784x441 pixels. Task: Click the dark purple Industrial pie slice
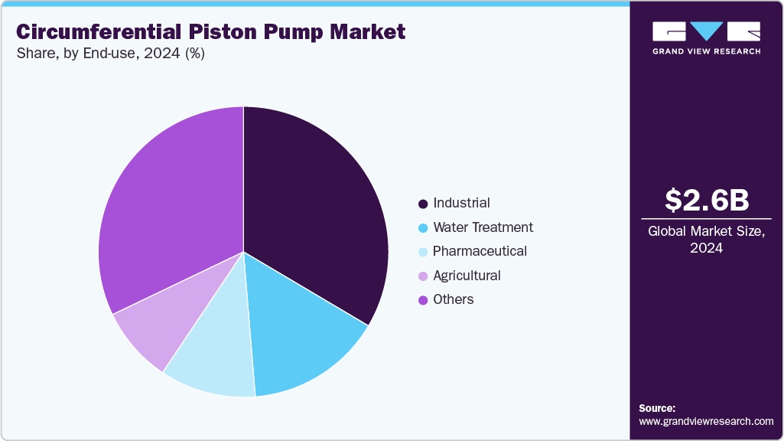point(314,214)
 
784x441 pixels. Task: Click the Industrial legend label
point(461,203)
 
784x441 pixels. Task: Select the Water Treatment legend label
point(483,227)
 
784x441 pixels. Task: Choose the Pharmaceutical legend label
point(480,251)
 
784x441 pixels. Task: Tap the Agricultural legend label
point(467,276)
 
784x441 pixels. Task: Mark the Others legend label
point(453,299)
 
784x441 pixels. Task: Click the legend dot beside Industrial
point(422,204)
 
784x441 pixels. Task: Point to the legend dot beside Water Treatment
point(422,228)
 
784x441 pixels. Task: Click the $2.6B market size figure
point(706,200)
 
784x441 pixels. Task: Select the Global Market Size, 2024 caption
point(706,239)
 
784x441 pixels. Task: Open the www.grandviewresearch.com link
point(706,421)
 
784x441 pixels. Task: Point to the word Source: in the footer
point(657,408)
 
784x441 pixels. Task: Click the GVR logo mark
point(706,31)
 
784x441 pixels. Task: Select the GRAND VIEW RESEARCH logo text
point(706,51)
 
